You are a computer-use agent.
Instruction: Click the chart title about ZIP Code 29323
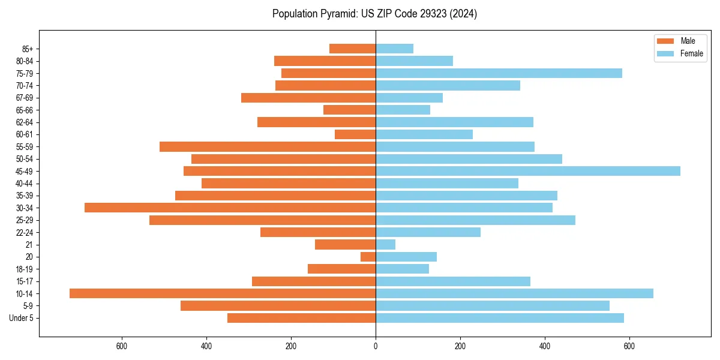click(374, 14)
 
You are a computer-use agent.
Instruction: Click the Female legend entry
click(691, 53)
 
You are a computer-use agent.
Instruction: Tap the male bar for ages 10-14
click(223, 293)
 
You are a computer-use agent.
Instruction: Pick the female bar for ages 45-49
click(528, 171)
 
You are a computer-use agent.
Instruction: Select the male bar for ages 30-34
click(230, 208)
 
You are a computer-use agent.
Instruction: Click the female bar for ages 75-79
click(499, 73)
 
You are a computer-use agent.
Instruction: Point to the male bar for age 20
click(368, 257)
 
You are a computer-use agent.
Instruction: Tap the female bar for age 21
click(385, 244)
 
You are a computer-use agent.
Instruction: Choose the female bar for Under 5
click(500, 318)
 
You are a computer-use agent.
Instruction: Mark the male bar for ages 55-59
click(268, 146)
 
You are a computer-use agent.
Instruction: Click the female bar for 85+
click(394, 49)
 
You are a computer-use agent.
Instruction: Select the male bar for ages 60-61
click(355, 134)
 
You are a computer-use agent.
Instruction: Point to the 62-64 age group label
click(25, 122)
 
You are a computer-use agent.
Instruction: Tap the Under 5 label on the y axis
click(22, 318)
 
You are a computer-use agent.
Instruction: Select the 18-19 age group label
click(25, 269)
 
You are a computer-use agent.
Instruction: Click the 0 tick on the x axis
click(376, 346)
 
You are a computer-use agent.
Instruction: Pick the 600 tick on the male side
click(122, 346)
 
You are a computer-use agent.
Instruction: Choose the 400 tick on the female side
click(545, 346)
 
